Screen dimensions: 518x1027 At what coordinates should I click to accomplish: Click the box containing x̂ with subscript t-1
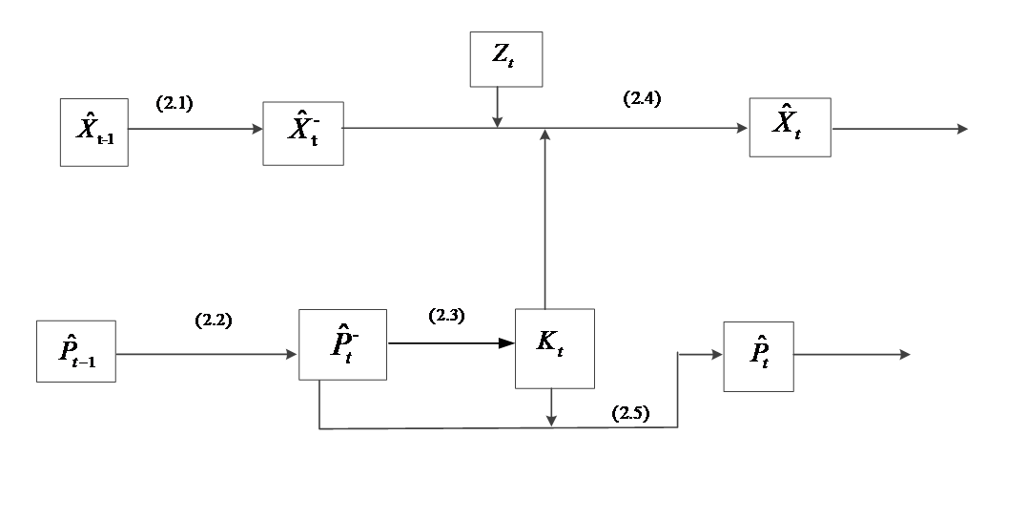(x=93, y=132)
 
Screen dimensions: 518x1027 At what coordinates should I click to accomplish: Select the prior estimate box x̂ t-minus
(x=303, y=132)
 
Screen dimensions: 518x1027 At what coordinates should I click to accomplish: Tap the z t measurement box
(x=505, y=59)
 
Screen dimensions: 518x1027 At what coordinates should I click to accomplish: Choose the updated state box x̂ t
(x=790, y=127)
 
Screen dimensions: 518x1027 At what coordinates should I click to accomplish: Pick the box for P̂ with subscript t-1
(x=76, y=351)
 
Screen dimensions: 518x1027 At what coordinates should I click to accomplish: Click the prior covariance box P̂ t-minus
(x=342, y=344)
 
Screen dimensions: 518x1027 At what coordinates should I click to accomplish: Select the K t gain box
(x=554, y=348)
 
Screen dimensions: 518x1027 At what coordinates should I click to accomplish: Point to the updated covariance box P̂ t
(x=758, y=357)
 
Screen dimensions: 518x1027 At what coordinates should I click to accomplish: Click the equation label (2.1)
(x=175, y=104)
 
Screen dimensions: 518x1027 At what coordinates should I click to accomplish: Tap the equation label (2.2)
(x=213, y=321)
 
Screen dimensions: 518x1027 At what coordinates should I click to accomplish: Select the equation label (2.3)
(x=446, y=316)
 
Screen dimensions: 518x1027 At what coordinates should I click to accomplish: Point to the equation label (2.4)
(x=642, y=98)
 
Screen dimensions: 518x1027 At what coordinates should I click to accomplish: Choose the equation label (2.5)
(x=630, y=413)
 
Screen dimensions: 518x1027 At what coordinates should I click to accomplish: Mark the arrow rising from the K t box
(x=544, y=219)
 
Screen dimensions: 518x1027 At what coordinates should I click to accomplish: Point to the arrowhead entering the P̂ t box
(x=716, y=355)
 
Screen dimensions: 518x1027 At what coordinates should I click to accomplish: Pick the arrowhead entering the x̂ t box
(x=741, y=129)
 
